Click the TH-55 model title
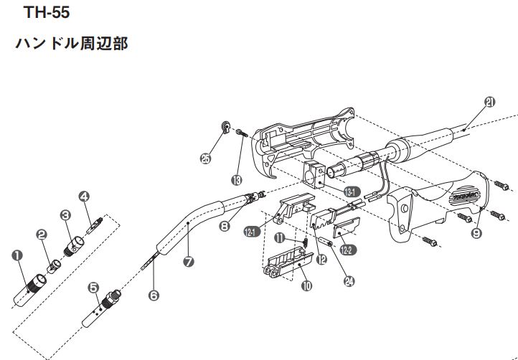pyautogui.click(x=47, y=12)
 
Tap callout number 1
pyautogui.click(x=17, y=253)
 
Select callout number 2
pyautogui.click(x=42, y=234)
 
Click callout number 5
pyautogui.click(x=93, y=287)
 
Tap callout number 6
pyautogui.click(x=153, y=294)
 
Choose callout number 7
pyautogui.click(x=188, y=261)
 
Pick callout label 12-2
pyautogui.click(x=346, y=251)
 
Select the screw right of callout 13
pyautogui.click(x=240, y=132)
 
